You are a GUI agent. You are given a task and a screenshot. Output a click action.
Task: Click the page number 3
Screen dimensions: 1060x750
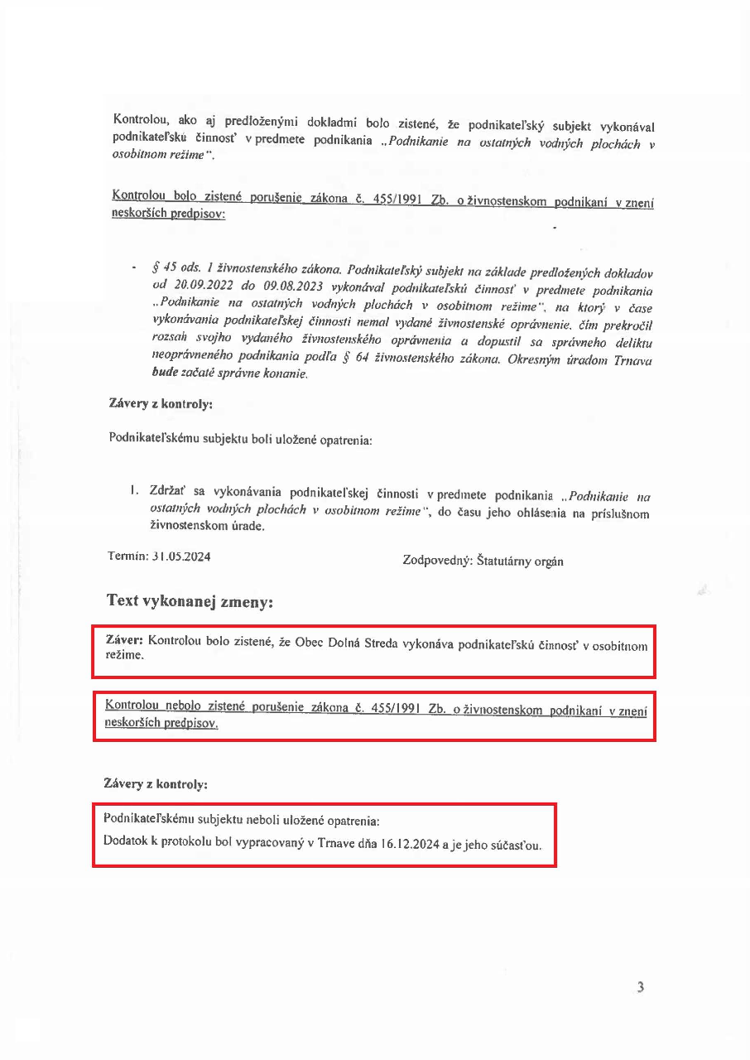pos(640,986)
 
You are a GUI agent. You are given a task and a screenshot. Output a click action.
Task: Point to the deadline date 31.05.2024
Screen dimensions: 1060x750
pos(181,556)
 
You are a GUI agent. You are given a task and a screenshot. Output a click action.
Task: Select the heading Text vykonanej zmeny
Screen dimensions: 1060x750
pos(190,602)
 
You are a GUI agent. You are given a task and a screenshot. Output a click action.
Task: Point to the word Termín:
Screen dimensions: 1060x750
pos(127,556)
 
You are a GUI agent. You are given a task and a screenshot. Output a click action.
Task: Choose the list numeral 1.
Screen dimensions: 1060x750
pos(132,491)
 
